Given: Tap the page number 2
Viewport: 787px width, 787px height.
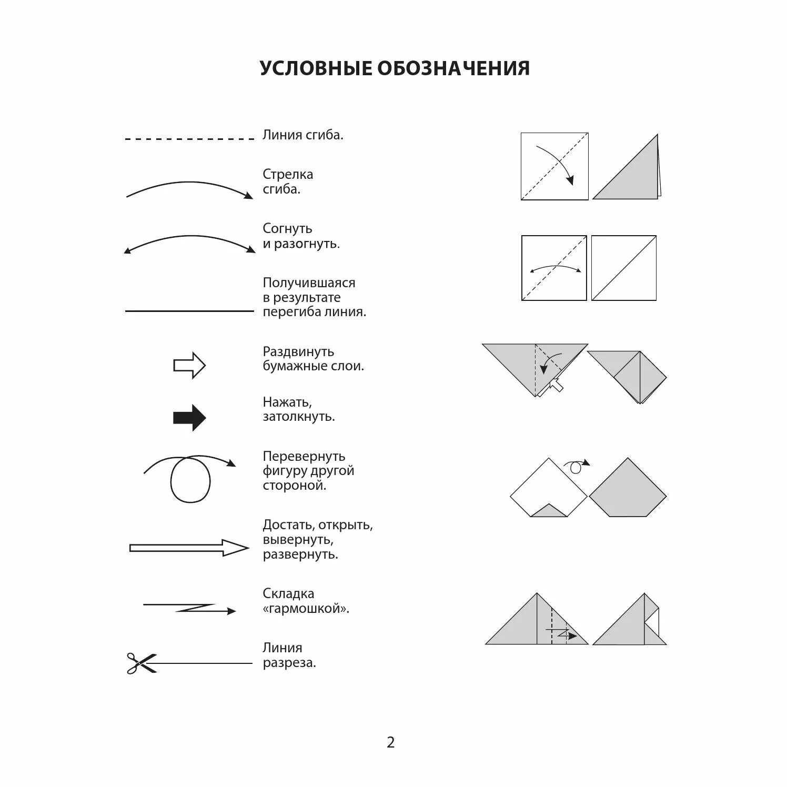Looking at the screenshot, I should (390, 742).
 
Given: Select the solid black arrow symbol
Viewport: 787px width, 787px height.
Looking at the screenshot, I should (189, 418).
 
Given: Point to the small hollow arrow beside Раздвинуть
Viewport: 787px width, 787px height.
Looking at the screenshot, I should (189, 365).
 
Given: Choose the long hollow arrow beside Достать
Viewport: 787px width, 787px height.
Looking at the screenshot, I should (188, 548).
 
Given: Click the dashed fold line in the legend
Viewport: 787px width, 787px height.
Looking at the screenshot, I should (189, 139).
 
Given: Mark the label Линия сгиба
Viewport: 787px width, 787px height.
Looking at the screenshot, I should (302, 135).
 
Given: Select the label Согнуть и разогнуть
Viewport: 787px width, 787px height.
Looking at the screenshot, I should (301, 236).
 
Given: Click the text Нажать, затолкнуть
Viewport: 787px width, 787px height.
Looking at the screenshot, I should (298, 409).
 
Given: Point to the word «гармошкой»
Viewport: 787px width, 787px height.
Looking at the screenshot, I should (306, 609).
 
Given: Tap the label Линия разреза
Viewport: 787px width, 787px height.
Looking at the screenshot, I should (289, 655).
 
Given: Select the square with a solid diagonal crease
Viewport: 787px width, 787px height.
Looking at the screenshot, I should (623, 268).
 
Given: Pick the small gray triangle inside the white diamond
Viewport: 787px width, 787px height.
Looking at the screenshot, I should (549, 511).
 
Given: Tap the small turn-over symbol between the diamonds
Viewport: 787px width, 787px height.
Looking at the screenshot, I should (576, 466).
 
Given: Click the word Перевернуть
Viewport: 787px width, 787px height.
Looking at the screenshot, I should (304, 456).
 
